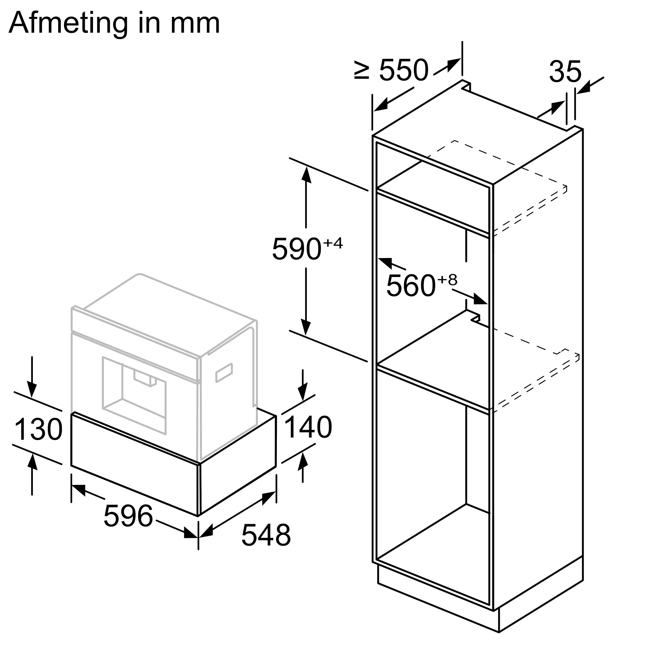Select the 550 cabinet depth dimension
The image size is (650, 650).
(404, 71)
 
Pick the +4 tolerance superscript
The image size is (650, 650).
(333, 243)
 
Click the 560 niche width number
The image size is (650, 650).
(411, 286)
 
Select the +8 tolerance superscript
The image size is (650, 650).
(447, 280)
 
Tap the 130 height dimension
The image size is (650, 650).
(38, 429)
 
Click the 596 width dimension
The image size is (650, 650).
(128, 516)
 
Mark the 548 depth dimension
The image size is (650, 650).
(266, 535)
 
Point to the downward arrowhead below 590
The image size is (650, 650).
(306, 326)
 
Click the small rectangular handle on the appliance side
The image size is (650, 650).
(224, 372)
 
